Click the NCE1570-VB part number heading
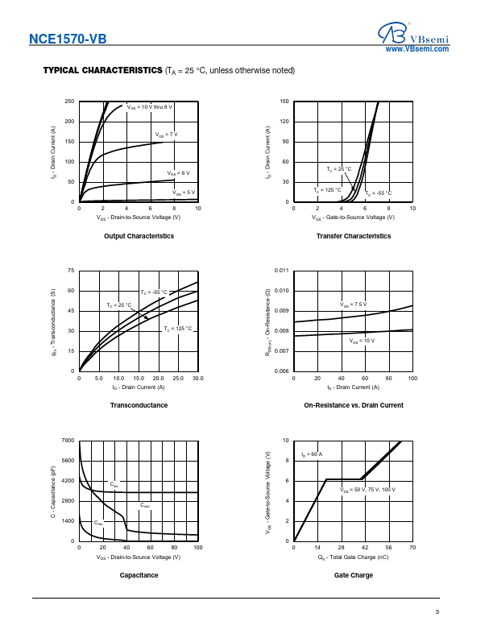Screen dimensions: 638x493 pyautogui.click(x=67, y=39)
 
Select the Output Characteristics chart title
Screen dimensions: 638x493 pyautogui.click(x=139, y=236)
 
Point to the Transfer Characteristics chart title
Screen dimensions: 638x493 pyautogui.click(x=354, y=236)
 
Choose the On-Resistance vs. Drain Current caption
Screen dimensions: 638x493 pyautogui.click(x=354, y=405)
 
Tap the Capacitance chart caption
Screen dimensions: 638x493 pyautogui.click(x=139, y=575)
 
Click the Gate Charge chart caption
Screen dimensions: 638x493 pyautogui.click(x=354, y=575)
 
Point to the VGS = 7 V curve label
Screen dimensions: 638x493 pyautogui.click(x=166, y=134)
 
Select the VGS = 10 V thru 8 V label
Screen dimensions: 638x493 pyautogui.click(x=150, y=106)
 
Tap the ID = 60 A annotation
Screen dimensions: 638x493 pyautogui.click(x=312, y=455)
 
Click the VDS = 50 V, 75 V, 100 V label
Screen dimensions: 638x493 pyautogui.click(x=368, y=490)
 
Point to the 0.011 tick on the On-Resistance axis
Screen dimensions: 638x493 pyautogui.click(x=281, y=271)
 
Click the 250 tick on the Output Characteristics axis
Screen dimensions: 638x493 pyautogui.click(x=69, y=101)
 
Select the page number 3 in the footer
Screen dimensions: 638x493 pyautogui.click(x=437, y=613)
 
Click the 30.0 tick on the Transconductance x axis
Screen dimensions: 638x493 pyautogui.click(x=197, y=378)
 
